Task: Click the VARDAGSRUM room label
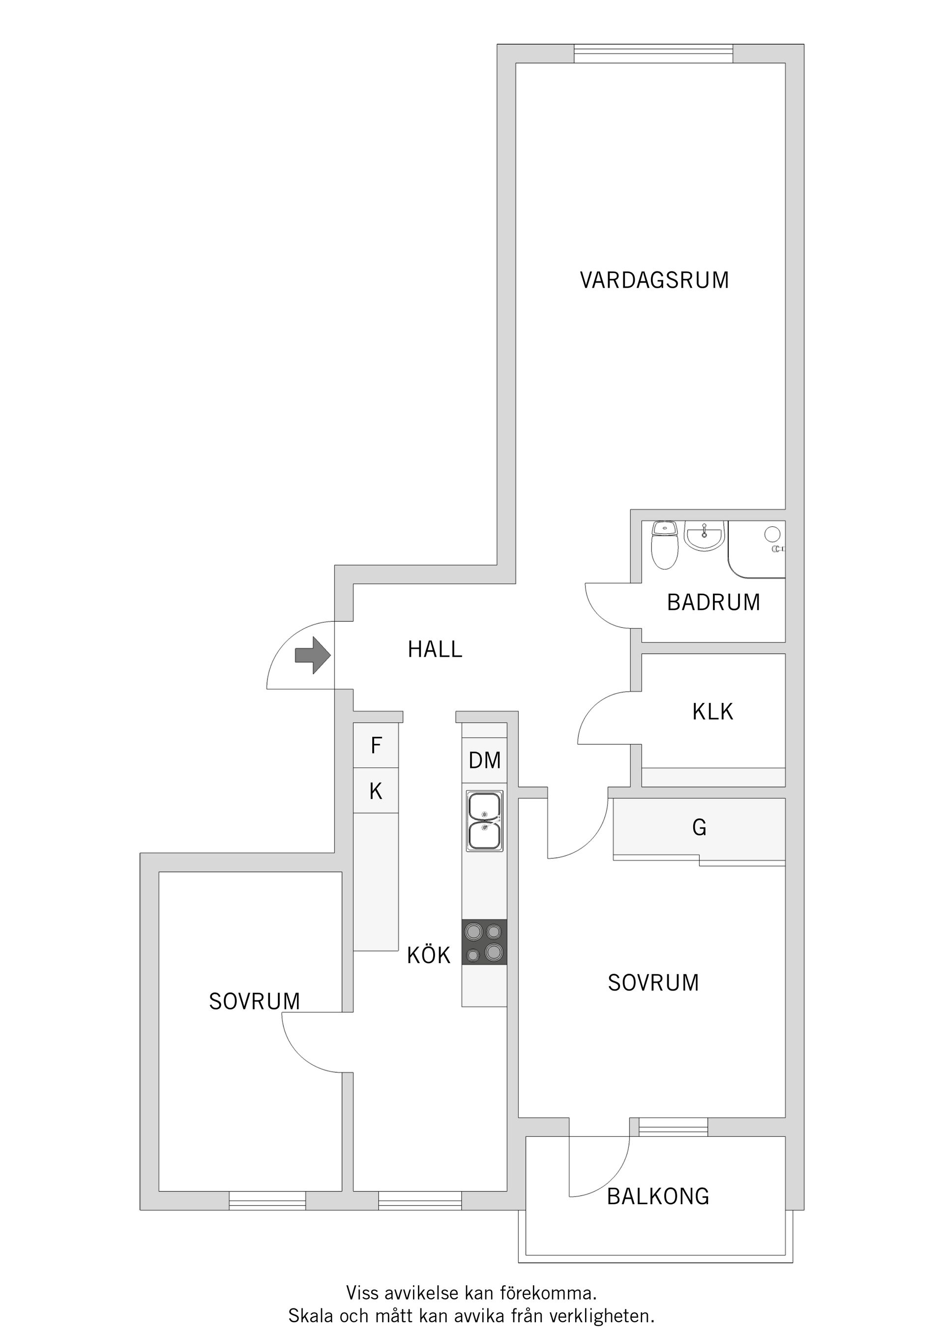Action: (x=654, y=280)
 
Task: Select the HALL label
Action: (x=435, y=649)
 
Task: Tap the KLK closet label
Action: (x=712, y=712)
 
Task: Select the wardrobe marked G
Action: (x=699, y=827)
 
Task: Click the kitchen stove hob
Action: (x=484, y=942)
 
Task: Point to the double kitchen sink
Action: (x=484, y=821)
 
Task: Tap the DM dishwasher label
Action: (x=484, y=760)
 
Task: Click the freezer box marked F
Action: (x=376, y=745)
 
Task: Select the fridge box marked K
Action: (x=376, y=791)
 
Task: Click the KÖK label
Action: (x=429, y=955)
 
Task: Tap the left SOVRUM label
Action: (x=254, y=1002)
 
